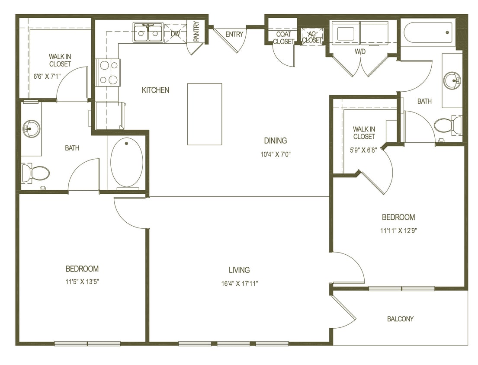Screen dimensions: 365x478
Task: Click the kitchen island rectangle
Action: [x=205, y=114]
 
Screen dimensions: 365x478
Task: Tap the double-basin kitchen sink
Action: [x=148, y=33]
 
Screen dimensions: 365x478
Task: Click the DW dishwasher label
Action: [x=175, y=33]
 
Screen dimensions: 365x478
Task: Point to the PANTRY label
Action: [x=196, y=32]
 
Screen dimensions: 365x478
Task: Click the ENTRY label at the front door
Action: [x=234, y=34]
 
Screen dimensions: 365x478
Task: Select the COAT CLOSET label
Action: [x=283, y=38]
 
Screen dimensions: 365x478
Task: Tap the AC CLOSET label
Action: [x=312, y=37]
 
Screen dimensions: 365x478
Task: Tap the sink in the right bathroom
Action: [x=452, y=80]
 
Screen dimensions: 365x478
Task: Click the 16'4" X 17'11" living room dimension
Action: [x=239, y=284]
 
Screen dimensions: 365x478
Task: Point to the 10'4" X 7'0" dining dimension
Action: [x=276, y=154]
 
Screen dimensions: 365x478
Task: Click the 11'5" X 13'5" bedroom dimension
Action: [x=82, y=282]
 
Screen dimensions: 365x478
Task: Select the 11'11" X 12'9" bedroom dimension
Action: [x=398, y=230]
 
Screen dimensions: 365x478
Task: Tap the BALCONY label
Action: [x=400, y=319]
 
